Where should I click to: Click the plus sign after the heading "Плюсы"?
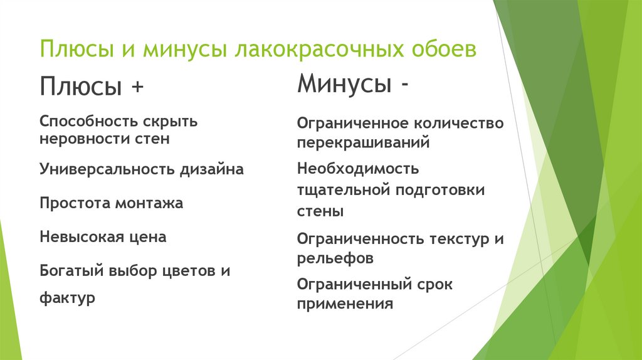(136, 87)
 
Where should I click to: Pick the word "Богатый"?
(71, 271)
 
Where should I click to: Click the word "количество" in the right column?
(460, 124)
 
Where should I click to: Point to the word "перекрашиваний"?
(363, 142)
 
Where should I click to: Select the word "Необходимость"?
(358, 169)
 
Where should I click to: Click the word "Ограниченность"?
(362, 238)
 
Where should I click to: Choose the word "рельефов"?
(335, 258)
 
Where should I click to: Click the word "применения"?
(345, 304)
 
